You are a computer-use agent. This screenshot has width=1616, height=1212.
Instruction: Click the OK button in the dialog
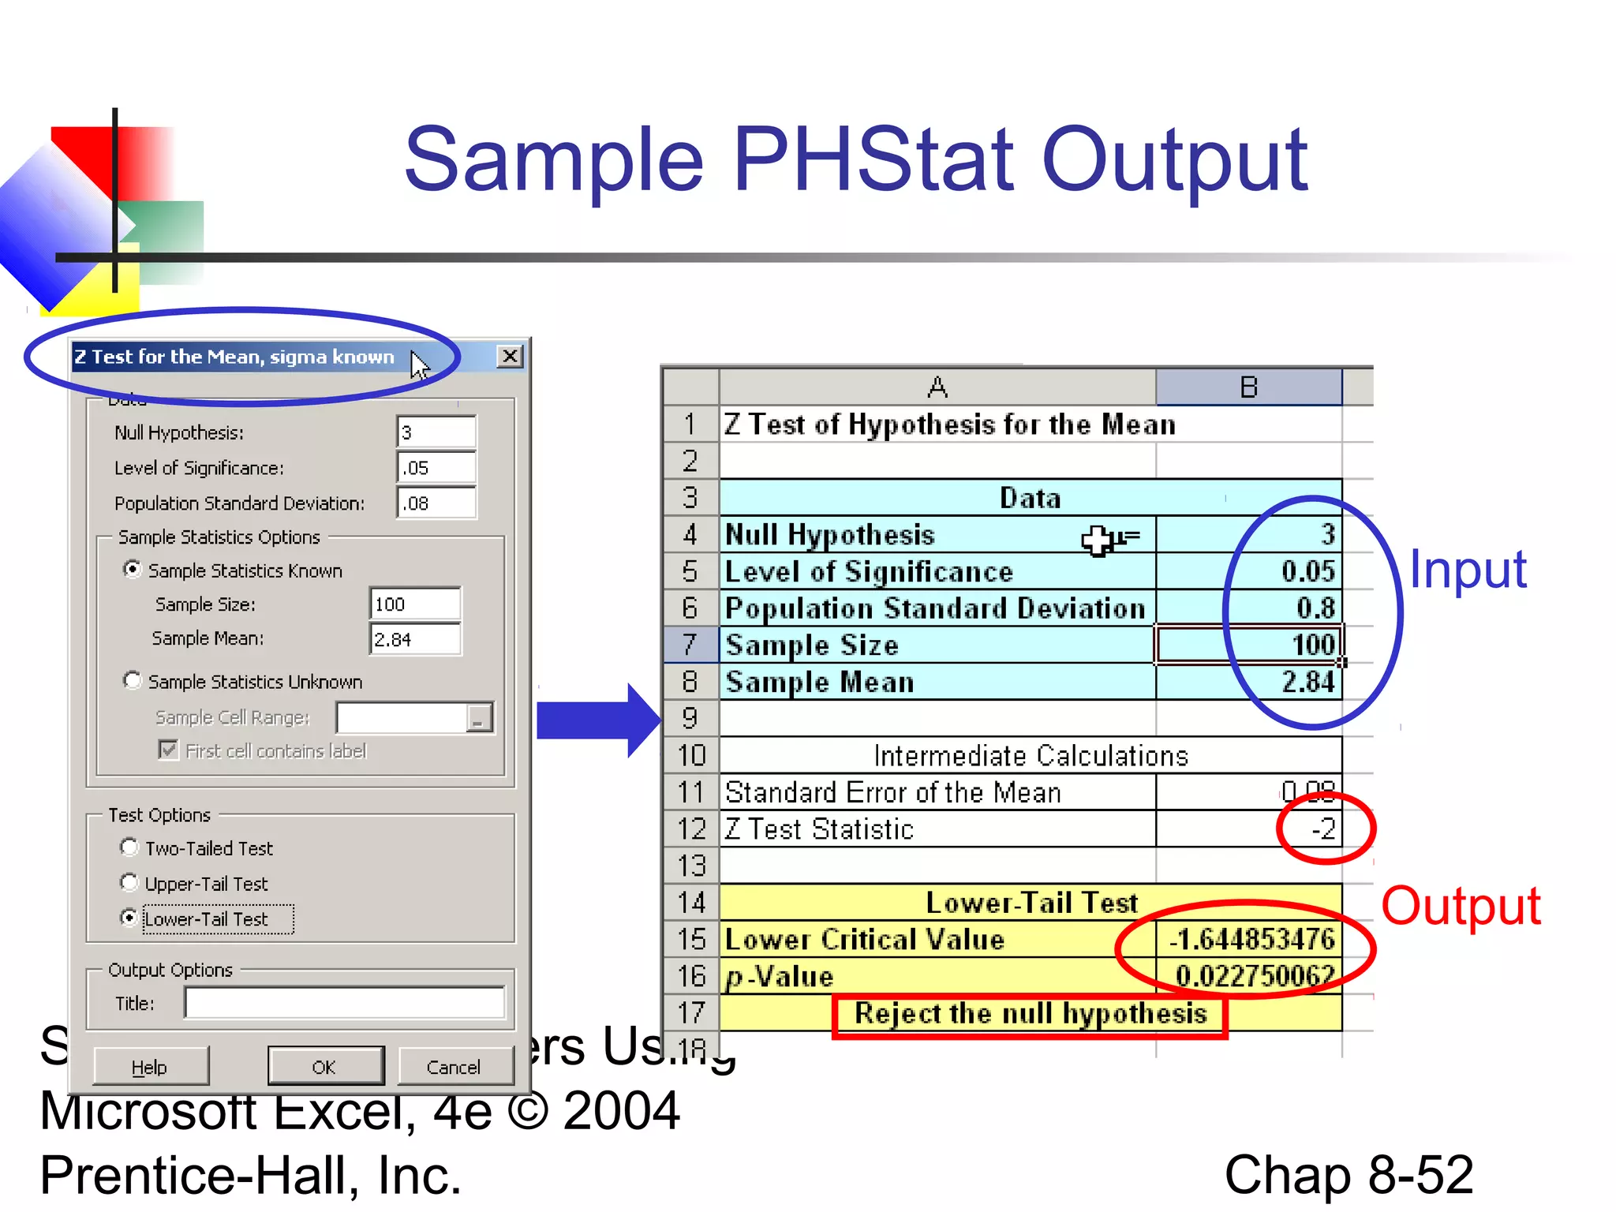pyautogui.click(x=325, y=1067)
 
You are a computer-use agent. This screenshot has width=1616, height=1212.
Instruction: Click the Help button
pyautogui.click(x=151, y=1067)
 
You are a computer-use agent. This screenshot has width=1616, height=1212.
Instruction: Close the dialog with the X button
pyautogui.click(x=511, y=357)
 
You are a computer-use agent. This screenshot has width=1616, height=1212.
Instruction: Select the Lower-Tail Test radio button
pyautogui.click(x=129, y=918)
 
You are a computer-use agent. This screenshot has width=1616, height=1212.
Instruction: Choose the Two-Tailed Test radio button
pyautogui.click(x=129, y=847)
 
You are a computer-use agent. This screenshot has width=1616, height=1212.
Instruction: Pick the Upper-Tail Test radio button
pyautogui.click(x=129, y=882)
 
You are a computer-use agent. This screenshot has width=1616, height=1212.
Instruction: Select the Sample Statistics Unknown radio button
pyautogui.click(x=133, y=680)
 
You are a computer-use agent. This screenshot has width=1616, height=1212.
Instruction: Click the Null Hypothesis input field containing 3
pyautogui.click(x=436, y=432)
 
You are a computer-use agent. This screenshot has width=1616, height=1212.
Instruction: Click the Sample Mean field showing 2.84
pyautogui.click(x=415, y=639)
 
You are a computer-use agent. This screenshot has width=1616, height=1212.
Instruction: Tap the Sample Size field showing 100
pyautogui.click(x=415, y=604)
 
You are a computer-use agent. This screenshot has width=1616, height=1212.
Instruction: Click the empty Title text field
pyautogui.click(x=345, y=1003)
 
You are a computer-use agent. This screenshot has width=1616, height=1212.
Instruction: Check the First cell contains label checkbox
pyautogui.click(x=168, y=750)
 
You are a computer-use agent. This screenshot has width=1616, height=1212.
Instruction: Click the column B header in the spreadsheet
pyautogui.click(x=1248, y=387)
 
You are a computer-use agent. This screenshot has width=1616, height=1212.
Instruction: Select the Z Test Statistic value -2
pyautogui.click(x=1323, y=829)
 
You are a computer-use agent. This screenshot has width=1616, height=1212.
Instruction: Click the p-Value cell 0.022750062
pyautogui.click(x=1254, y=976)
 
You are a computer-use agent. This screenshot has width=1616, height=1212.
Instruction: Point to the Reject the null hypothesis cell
pyautogui.click(x=1031, y=1013)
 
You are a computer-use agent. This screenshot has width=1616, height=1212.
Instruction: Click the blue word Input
pyautogui.click(x=1468, y=570)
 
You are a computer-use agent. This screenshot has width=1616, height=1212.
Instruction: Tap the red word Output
pyautogui.click(x=1461, y=906)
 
